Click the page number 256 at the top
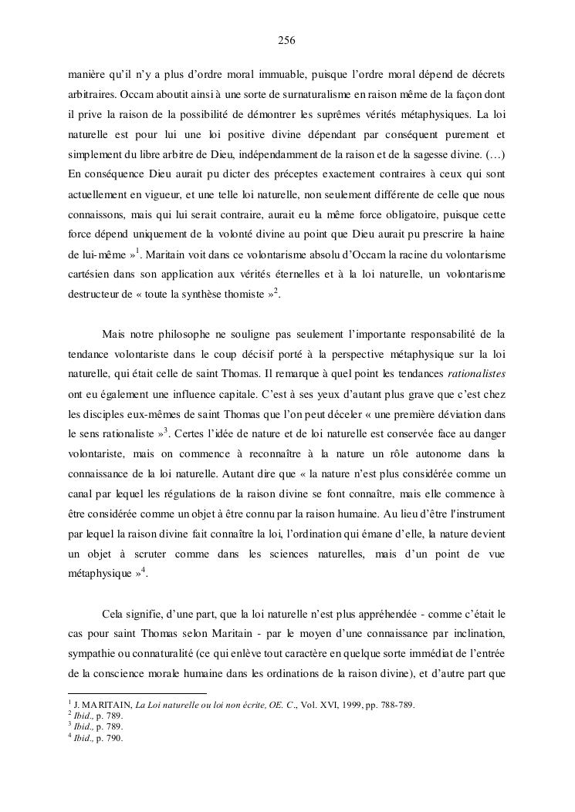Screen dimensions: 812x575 click(x=287, y=40)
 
